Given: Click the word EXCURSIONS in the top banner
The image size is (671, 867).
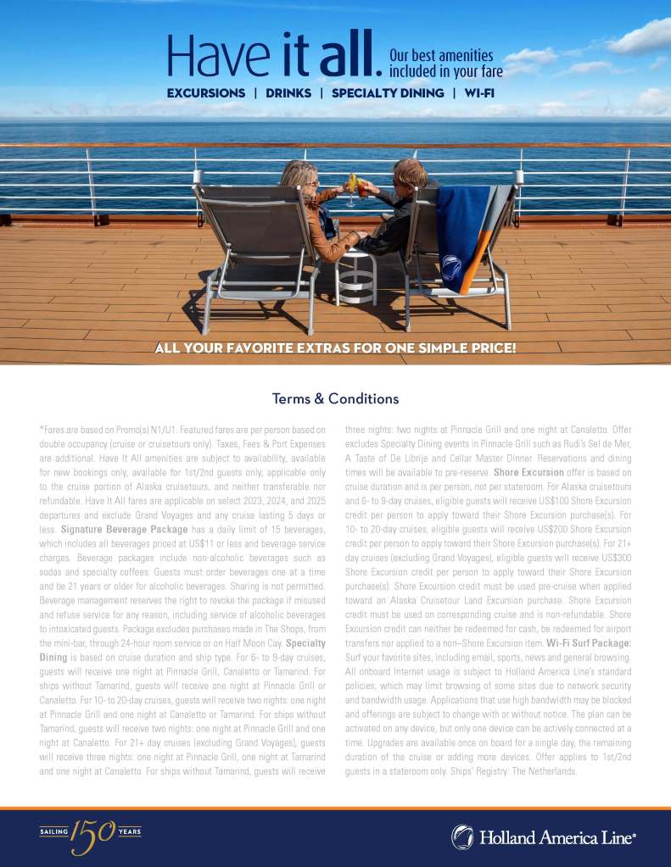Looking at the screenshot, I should click(206, 92).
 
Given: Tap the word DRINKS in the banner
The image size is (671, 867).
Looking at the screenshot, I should click(288, 92).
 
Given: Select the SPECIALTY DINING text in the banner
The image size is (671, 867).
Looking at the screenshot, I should click(388, 92).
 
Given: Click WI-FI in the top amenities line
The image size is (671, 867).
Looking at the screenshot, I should click(479, 92).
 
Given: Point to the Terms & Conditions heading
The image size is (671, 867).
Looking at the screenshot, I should click(335, 398).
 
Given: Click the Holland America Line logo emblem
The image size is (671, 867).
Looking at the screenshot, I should click(462, 837).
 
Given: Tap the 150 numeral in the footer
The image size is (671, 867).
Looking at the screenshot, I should click(94, 833).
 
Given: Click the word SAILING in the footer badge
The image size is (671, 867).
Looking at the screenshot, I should click(54, 831).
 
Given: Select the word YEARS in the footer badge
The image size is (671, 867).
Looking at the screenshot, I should click(130, 831).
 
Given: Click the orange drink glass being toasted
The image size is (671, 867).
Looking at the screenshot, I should click(362, 184).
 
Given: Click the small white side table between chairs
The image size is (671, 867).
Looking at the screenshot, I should click(355, 275).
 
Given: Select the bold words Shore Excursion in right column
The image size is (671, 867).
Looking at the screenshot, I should click(528, 472).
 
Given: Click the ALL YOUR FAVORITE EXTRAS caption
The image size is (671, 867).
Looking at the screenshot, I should click(335, 347).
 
